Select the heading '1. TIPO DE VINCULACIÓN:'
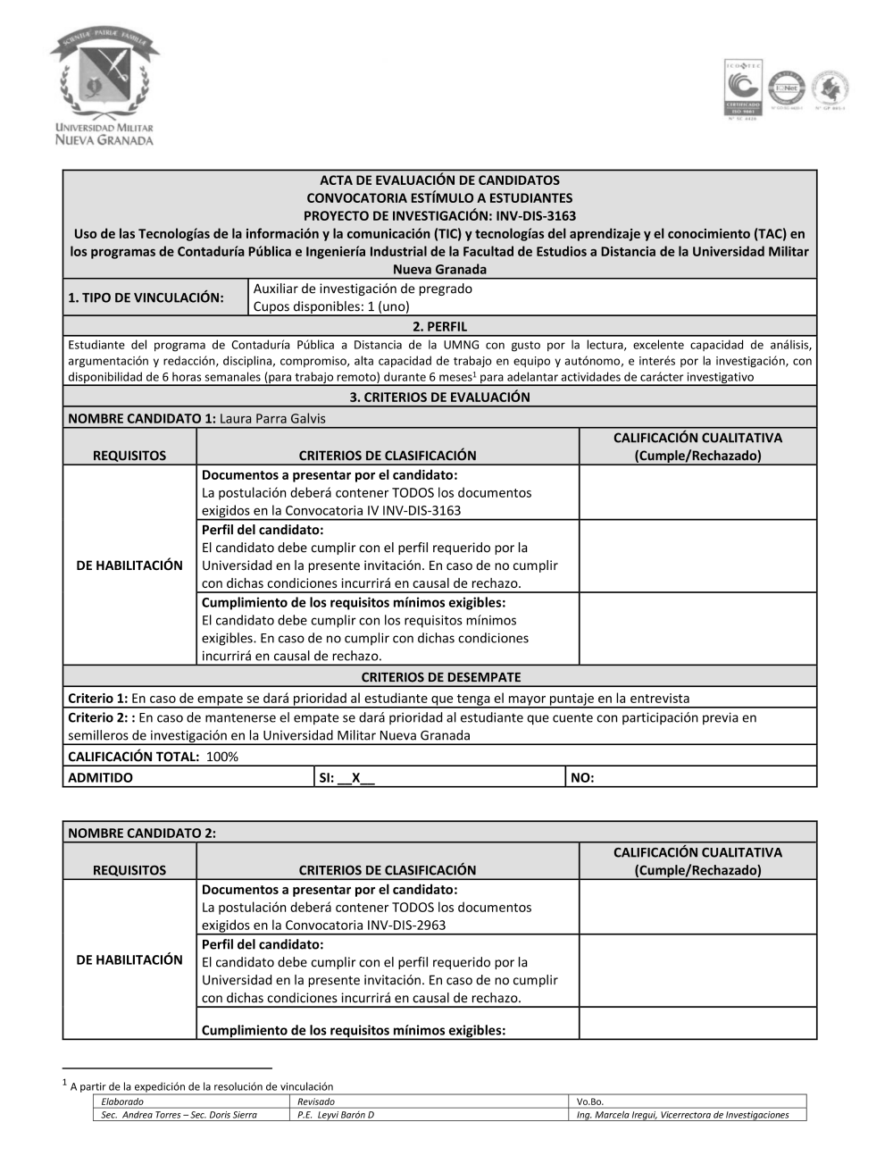click(146, 297)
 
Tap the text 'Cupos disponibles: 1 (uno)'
click(331, 306)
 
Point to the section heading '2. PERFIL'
click(439, 327)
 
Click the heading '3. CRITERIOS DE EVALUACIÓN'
click(439, 397)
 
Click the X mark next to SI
click(355, 777)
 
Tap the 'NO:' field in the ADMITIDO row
click(582, 777)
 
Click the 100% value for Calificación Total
click(222, 757)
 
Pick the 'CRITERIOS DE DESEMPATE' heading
click(440, 677)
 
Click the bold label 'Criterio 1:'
click(98, 698)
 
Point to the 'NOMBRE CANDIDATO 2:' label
click(142, 833)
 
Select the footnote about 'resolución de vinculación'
click(201, 1086)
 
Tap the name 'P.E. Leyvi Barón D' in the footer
click(336, 1115)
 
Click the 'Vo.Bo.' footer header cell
click(590, 1102)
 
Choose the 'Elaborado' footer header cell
click(122, 1102)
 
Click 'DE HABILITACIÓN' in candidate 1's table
click(129, 565)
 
